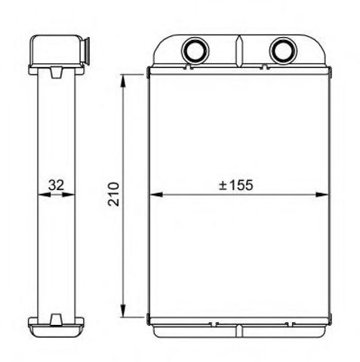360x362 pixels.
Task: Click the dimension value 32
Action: (x=56, y=186)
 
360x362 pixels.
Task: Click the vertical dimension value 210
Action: (x=113, y=194)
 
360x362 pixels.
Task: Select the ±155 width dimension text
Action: (x=235, y=186)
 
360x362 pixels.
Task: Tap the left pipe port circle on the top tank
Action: (x=195, y=51)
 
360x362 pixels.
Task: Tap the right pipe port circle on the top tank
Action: (x=283, y=51)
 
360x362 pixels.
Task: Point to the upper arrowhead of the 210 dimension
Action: (x=123, y=81)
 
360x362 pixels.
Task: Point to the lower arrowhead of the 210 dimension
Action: (x=123, y=311)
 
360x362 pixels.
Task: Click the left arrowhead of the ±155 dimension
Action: (x=156, y=195)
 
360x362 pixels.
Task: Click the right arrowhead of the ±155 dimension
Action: (x=322, y=195)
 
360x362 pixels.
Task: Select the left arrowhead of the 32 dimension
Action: (x=44, y=195)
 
